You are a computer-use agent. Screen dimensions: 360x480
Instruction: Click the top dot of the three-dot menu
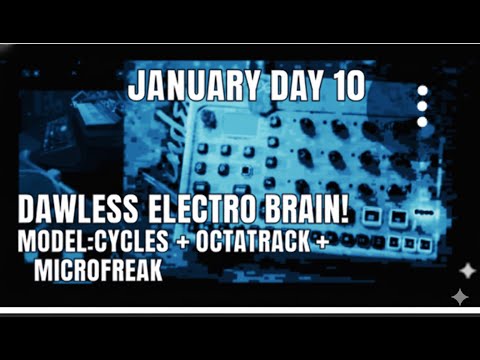pos(423,90)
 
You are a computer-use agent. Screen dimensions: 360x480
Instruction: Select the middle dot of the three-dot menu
pos(423,106)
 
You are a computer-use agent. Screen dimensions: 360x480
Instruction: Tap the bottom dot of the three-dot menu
pos(423,122)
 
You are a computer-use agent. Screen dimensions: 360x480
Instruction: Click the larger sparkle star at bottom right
pos(459,296)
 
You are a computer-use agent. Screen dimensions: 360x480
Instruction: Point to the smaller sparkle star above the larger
pos(466,271)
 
